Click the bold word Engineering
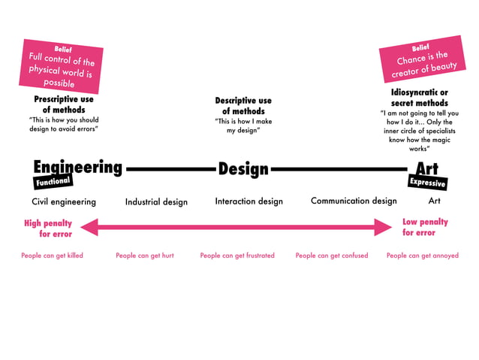(x=77, y=167)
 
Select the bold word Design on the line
(x=243, y=169)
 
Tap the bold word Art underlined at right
(x=426, y=168)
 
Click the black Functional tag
(x=53, y=182)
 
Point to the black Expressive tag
(x=427, y=183)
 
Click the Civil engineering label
(x=64, y=201)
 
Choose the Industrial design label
(x=156, y=201)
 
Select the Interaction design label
(x=249, y=201)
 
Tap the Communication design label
(x=354, y=201)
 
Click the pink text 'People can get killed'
(x=52, y=256)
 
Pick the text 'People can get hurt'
(x=145, y=256)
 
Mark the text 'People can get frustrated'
(x=237, y=256)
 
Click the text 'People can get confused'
(x=332, y=256)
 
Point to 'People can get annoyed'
(x=422, y=256)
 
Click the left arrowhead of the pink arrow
(x=88, y=226)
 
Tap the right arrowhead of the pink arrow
(x=384, y=226)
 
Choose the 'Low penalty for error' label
(x=425, y=227)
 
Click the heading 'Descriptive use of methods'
(x=243, y=106)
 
